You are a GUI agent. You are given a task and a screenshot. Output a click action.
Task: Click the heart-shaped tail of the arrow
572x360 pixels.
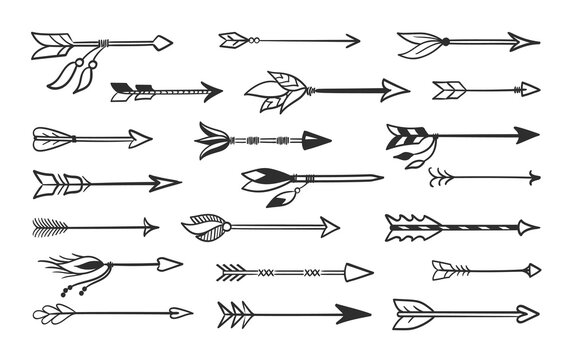point(49,309)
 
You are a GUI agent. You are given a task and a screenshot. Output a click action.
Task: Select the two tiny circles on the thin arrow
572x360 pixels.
point(255,40)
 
